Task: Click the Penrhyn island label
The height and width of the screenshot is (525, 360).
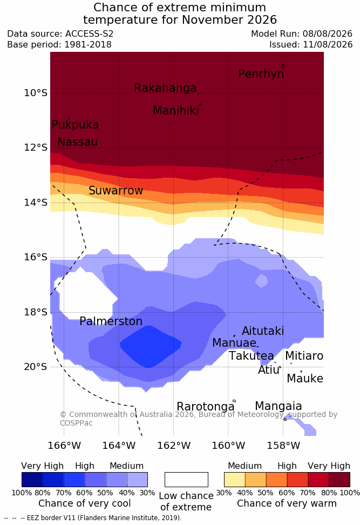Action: click(x=261, y=73)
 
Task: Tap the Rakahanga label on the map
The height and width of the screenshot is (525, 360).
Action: click(x=165, y=87)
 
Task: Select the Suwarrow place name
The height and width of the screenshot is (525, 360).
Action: click(x=116, y=191)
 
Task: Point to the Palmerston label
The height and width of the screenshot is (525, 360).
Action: click(x=111, y=321)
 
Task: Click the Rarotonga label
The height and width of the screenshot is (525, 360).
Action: click(x=206, y=407)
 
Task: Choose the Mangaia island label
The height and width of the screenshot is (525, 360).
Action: click(x=279, y=406)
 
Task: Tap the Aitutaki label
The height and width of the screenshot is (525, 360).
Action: click(x=263, y=331)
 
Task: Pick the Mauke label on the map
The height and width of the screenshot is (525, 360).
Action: click(x=305, y=378)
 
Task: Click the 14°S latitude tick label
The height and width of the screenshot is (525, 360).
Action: click(x=36, y=203)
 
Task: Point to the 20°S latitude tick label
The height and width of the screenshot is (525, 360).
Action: click(x=36, y=367)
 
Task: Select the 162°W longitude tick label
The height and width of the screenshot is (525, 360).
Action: click(x=174, y=446)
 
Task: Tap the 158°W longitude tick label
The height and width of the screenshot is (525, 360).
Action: click(x=284, y=446)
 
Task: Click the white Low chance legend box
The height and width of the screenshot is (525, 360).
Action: click(x=186, y=480)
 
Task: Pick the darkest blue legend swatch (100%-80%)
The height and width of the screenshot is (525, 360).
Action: click(x=32, y=480)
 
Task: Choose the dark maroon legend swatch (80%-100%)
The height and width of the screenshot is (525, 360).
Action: click(x=339, y=480)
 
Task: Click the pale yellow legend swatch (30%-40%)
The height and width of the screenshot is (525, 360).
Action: click(x=235, y=480)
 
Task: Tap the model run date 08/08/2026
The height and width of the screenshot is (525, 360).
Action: click(x=328, y=34)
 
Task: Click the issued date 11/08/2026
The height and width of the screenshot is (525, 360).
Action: click(x=328, y=44)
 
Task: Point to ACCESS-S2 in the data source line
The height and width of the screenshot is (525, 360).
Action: click(x=90, y=34)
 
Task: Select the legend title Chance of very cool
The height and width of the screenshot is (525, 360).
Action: click(x=85, y=503)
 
